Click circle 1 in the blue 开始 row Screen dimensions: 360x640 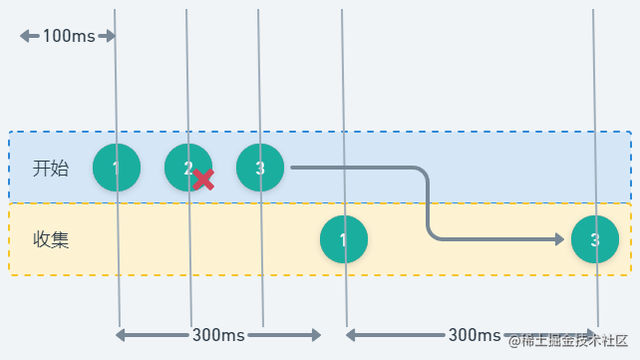point(117,168)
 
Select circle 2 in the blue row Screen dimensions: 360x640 point(187,168)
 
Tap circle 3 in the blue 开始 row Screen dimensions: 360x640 point(260,168)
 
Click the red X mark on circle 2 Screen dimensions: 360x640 point(203,180)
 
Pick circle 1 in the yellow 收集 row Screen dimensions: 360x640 point(344,239)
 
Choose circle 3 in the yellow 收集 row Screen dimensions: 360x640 point(595,239)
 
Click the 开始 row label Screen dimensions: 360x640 point(51,168)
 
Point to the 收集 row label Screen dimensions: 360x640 point(51,239)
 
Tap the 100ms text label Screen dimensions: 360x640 point(69,37)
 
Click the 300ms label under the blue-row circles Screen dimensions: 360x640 point(219,335)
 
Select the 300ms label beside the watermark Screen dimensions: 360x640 point(475,335)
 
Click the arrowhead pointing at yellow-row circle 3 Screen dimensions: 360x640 point(559,239)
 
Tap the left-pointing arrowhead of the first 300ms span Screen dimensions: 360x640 point(121,335)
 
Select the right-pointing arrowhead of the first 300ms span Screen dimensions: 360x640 point(316,335)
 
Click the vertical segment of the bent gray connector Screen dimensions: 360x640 point(429,204)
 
